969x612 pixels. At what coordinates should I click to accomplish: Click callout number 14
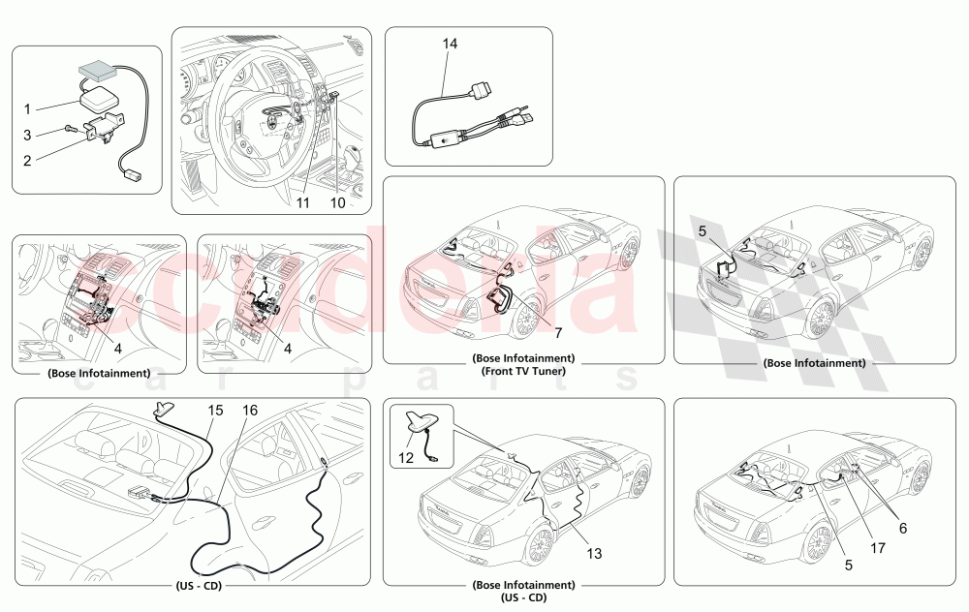pyautogui.click(x=449, y=45)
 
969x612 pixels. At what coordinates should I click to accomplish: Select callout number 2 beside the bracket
pyautogui.click(x=28, y=134)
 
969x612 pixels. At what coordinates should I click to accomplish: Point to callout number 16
pyautogui.click(x=250, y=411)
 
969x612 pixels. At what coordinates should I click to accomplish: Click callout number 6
pyautogui.click(x=902, y=528)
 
